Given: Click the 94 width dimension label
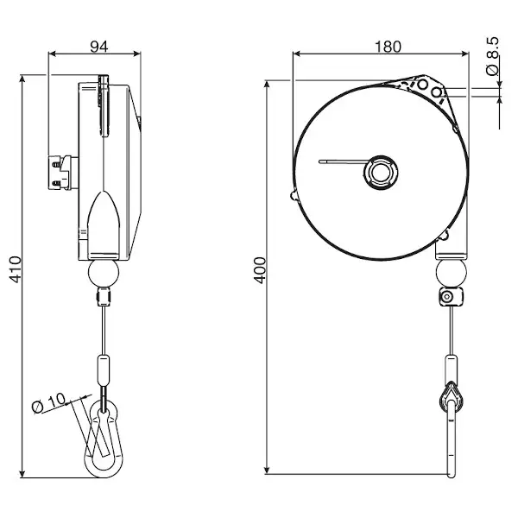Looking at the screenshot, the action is click(99, 47).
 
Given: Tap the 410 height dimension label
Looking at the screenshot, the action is click(15, 269).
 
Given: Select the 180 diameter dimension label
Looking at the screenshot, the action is click(388, 47).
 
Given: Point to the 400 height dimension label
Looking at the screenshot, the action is click(260, 270).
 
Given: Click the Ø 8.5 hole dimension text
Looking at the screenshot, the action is click(492, 56).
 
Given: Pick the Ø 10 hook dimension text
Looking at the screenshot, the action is click(49, 402).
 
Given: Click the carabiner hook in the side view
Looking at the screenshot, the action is click(104, 439).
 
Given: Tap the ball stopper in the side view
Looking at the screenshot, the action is click(104, 273).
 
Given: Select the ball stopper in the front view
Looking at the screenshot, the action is click(451, 273).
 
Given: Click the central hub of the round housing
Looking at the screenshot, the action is click(381, 172).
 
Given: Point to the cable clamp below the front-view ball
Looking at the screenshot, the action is click(451, 297).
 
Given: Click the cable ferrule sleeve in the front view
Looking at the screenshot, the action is click(451, 370).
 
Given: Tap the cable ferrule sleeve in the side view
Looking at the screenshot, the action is click(104, 370).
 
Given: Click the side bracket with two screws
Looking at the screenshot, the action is click(63, 173).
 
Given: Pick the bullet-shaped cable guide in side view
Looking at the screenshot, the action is click(104, 224).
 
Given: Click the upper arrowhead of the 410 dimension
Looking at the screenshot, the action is click(22, 79).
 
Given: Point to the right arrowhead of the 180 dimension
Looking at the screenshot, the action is click(464, 54).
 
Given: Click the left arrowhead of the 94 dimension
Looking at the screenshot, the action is click(53, 54).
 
